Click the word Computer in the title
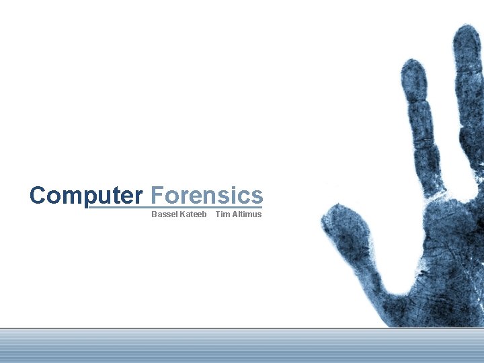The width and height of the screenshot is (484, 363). (86, 196)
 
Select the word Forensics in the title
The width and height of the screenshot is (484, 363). (207, 196)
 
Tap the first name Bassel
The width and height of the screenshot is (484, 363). (164, 214)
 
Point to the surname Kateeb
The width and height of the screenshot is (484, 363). (194, 214)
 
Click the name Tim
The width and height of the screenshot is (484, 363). (222, 214)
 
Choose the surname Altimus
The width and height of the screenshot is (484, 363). (247, 214)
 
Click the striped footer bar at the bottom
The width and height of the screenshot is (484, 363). (242, 346)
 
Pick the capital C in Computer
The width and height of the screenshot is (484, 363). (38, 196)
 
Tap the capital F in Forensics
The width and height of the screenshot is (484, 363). (157, 196)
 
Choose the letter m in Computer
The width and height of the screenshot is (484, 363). (75, 196)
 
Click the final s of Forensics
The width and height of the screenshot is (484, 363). (257, 196)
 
